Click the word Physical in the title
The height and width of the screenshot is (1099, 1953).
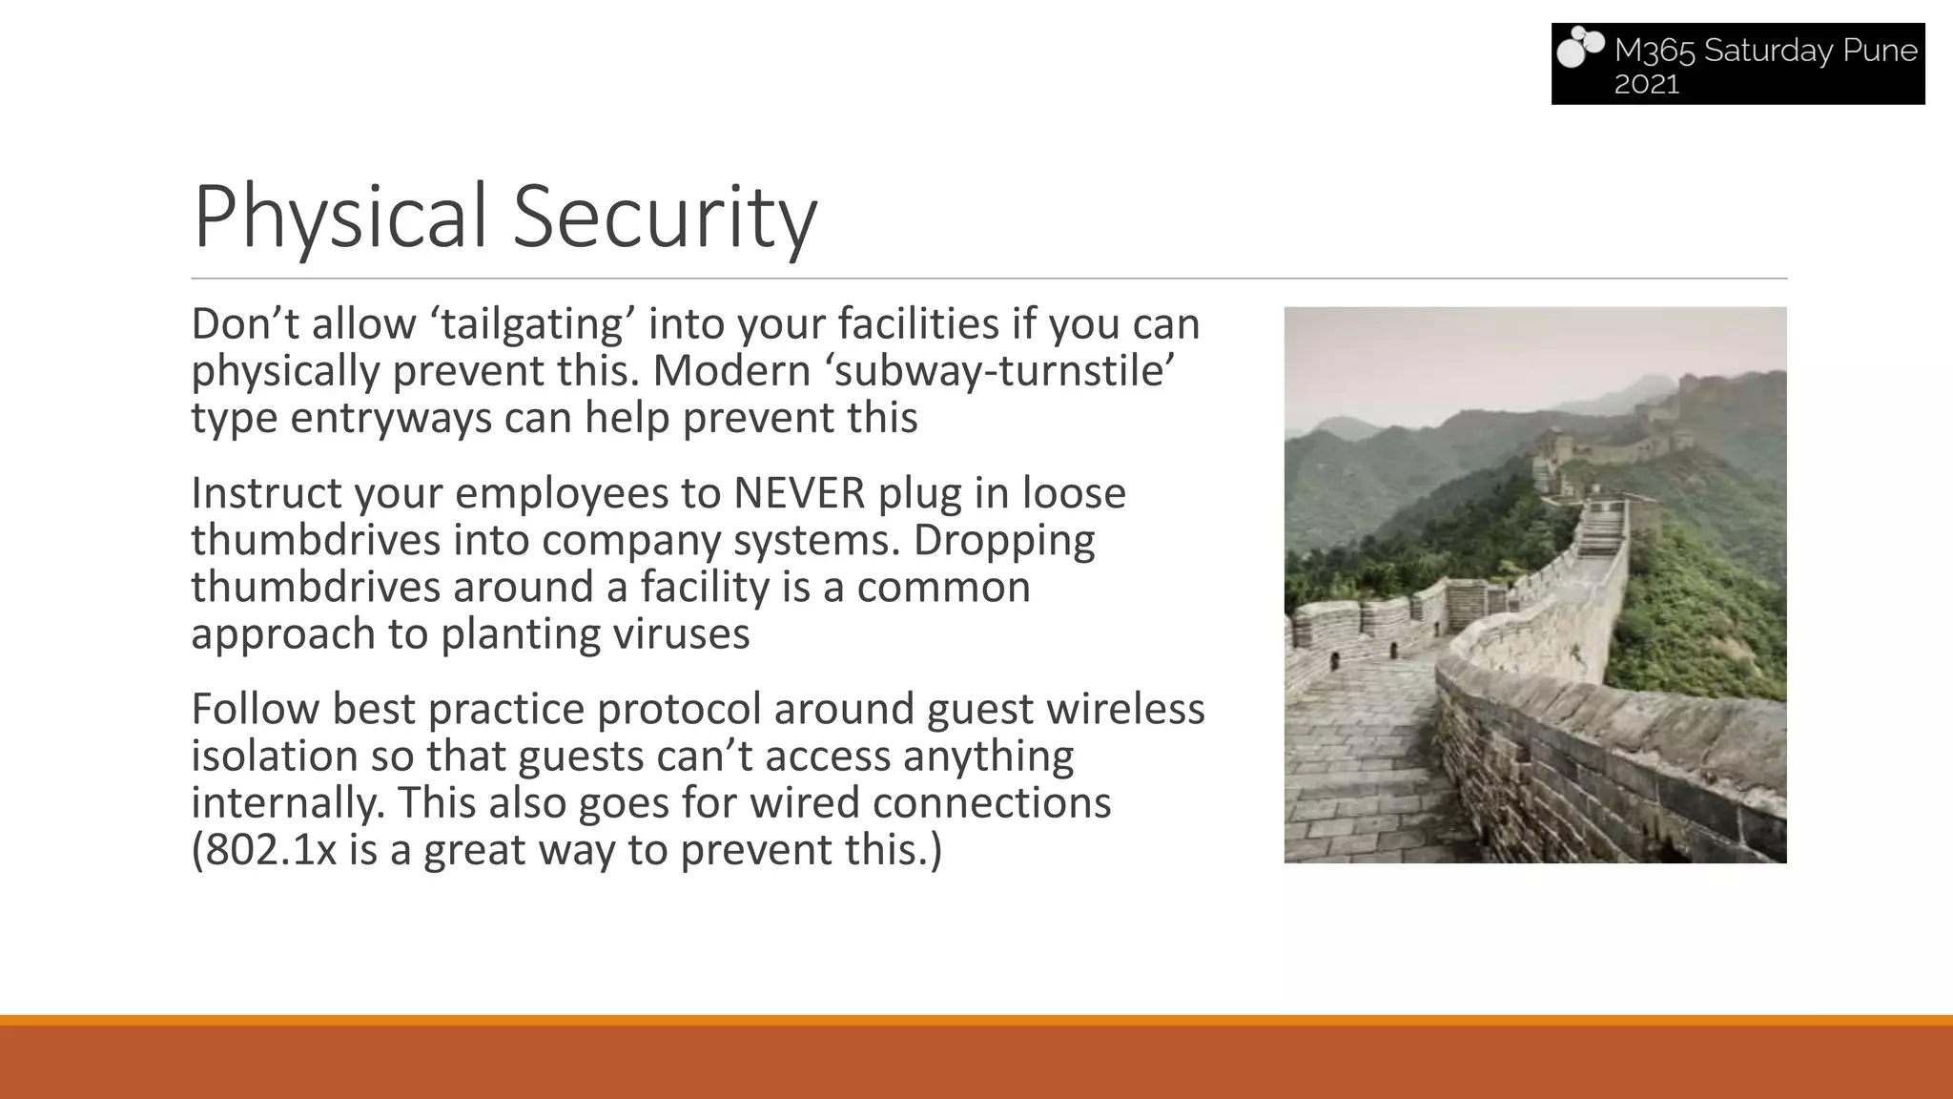point(340,217)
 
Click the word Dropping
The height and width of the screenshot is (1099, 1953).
point(1004,540)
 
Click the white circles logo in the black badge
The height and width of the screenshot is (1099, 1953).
point(1580,48)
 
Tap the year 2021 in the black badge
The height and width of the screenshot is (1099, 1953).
point(1646,84)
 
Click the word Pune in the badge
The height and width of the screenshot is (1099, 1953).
point(1880,50)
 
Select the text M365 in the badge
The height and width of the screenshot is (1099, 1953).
point(1655,50)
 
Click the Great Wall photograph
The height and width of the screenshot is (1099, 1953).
point(1534,585)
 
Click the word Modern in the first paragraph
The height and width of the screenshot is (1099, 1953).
point(731,371)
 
